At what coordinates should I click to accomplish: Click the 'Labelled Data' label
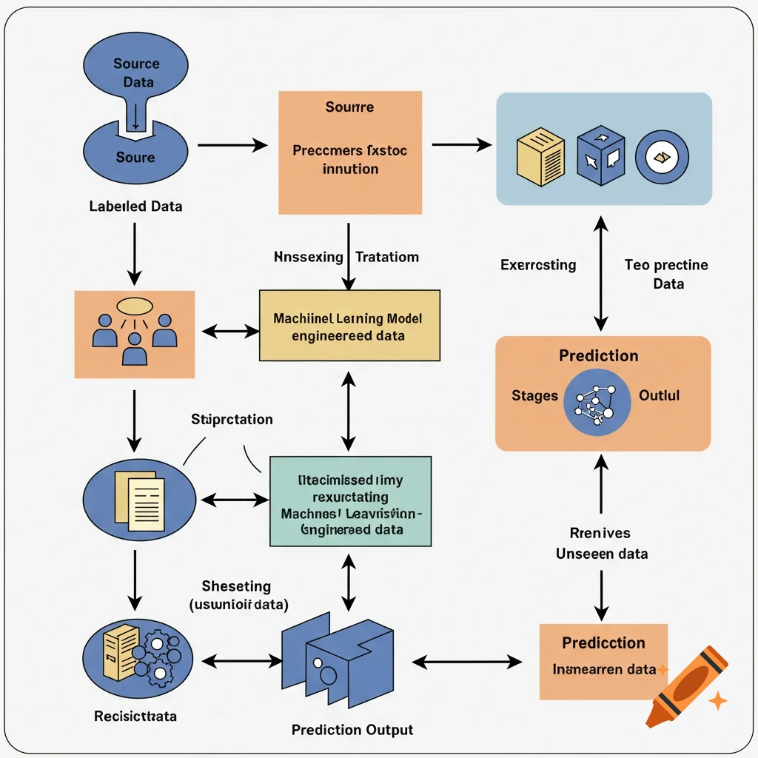pos(135,207)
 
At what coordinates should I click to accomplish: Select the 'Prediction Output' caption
pos(352,730)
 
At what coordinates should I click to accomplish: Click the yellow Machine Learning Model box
pos(349,326)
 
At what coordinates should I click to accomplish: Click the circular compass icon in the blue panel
pos(662,157)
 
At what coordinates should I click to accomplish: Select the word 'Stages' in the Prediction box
pos(534,395)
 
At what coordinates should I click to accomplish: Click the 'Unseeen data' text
pos(602,553)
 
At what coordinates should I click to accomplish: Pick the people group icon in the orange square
pos(135,334)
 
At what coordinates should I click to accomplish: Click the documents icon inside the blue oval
pos(141,498)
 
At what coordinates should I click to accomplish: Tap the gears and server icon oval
pos(139,652)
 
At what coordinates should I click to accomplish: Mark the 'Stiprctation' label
pos(232,420)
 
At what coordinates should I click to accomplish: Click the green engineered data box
pos(350,501)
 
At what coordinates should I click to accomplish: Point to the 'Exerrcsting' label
pos(538,264)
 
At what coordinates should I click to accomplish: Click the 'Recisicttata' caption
pos(135,717)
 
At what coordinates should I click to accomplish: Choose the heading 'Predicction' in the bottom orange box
pos(603,643)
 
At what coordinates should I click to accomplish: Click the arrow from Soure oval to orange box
pos(232,145)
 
